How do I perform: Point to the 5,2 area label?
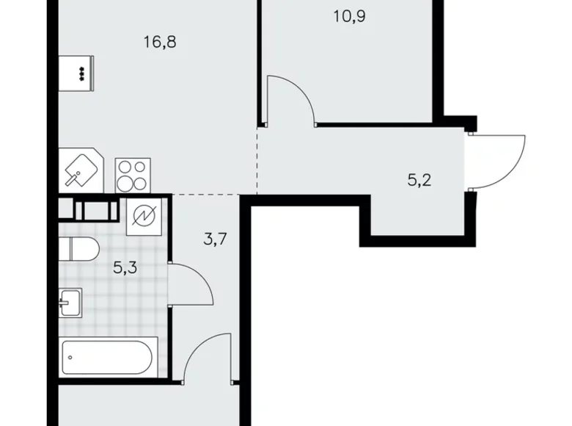click(419, 178)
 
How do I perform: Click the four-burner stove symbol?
click(133, 176)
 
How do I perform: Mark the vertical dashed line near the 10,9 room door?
click(257, 158)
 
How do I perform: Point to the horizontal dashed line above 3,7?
click(205, 194)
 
